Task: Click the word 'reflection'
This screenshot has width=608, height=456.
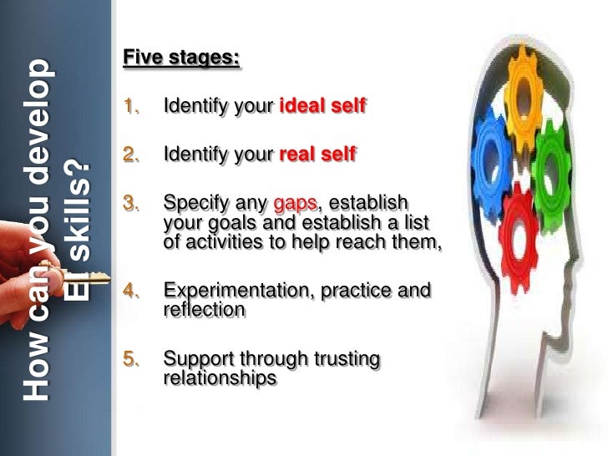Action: point(205,310)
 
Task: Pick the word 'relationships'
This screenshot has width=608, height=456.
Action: point(220,377)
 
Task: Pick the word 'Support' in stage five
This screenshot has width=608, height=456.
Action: point(196,360)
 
